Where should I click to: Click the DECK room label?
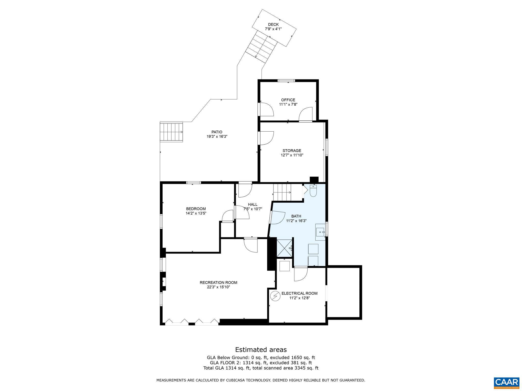[273, 24]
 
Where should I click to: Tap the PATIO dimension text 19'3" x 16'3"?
[217, 136]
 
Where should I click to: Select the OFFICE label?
[288, 100]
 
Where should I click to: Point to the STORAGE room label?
[292, 150]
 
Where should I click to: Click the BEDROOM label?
[196, 209]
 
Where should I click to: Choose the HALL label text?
[253, 204]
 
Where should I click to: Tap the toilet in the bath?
[313, 191]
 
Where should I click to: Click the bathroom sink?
[320, 232]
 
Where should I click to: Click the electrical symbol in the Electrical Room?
[275, 296]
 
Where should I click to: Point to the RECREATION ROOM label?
[218, 282]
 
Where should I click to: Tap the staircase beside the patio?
[171, 132]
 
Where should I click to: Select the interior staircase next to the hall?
[282, 192]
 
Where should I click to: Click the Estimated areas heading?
[261, 350]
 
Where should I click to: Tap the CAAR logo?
[506, 382]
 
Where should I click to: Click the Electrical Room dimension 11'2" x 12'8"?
[299, 298]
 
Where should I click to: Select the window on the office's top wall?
[286, 81]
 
